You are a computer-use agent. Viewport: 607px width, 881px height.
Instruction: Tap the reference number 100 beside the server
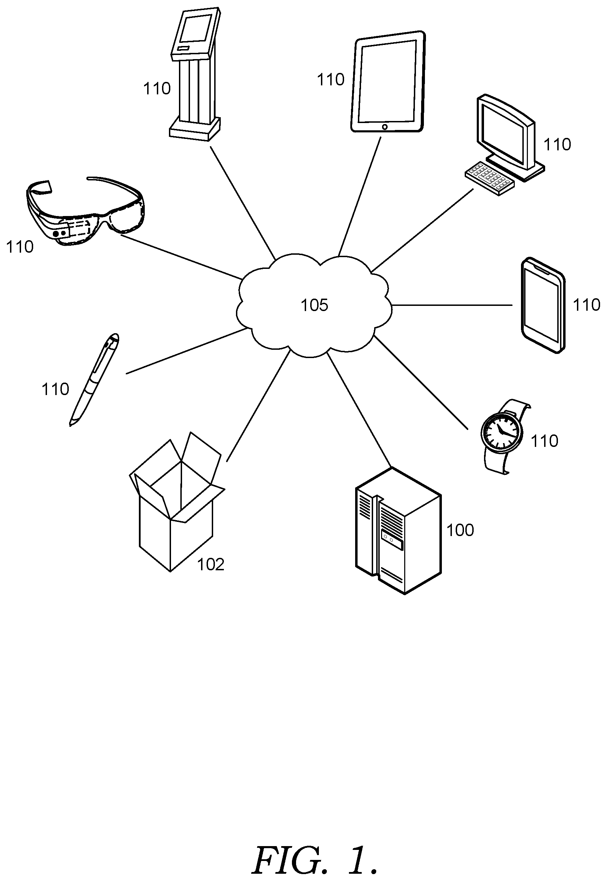pyautogui.click(x=460, y=530)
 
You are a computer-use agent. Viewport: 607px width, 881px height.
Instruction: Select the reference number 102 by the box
pyautogui.click(x=211, y=564)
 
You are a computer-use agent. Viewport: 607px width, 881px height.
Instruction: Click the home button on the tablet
pyautogui.click(x=385, y=127)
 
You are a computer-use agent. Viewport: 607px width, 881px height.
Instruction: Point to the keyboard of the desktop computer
pyautogui.click(x=490, y=179)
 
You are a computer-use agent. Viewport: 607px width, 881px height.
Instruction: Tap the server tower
pyautogui.click(x=398, y=531)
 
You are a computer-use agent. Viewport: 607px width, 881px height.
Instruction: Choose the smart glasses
pyautogui.click(x=86, y=211)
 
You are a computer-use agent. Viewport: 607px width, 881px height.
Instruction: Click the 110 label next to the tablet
pyautogui.click(x=331, y=80)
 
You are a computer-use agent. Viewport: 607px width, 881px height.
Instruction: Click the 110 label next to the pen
pyautogui.click(x=55, y=390)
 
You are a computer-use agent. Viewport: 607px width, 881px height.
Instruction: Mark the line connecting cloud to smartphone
pyautogui.click(x=452, y=305)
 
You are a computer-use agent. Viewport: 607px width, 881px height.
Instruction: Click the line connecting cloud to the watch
pyautogui.click(x=421, y=382)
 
